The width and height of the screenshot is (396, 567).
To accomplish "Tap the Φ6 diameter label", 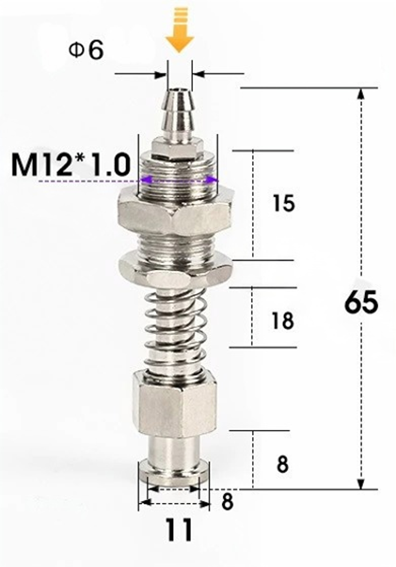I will click(x=86, y=50).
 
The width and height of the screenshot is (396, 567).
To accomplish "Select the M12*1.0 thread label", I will click(x=71, y=165).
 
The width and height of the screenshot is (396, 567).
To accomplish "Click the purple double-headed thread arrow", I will click(x=178, y=180).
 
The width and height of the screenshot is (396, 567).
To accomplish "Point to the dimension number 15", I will click(x=284, y=203).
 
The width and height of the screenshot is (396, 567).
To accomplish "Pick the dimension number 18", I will click(x=283, y=320).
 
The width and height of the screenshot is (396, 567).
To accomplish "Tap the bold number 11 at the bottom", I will click(x=179, y=530).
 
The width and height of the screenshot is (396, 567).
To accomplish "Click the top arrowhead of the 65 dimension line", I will click(x=360, y=94).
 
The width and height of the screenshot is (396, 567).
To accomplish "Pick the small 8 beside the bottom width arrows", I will click(x=227, y=502).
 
